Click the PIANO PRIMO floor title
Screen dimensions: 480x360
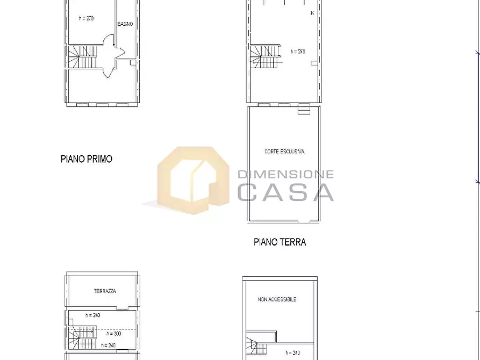[x=87, y=159]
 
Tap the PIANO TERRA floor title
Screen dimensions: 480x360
[x=280, y=242]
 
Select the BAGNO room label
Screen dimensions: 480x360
[x=125, y=24]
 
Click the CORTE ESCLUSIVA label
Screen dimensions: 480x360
[x=284, y=151]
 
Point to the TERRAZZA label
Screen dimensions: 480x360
[x=105, y=291]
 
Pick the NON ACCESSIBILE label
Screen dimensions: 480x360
[x=277, y=299]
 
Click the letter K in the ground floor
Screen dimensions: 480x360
[x=312, y=13]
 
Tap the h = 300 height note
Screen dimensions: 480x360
[x=114, y=333]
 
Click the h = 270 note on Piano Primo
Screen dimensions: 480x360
[x=87, y=18]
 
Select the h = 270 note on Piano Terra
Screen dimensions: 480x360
[x=298, y=52]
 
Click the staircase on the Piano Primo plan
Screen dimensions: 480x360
[x=82, y=57]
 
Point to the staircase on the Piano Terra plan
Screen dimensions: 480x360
[x=265, y=56]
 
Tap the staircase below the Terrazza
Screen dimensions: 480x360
[x=81, y=338]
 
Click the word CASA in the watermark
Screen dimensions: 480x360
[x=285, y=192]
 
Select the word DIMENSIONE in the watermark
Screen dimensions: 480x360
[x=285, y=175]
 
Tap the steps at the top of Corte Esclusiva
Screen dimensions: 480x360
[x=304, y=109]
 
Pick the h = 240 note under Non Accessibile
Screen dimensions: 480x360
[x=292, y=353]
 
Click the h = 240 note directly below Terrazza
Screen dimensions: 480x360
[x=93, y=315]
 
